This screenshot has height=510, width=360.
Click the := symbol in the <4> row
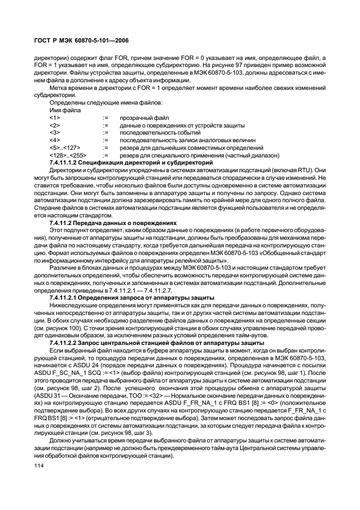click(x=106, y=140)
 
